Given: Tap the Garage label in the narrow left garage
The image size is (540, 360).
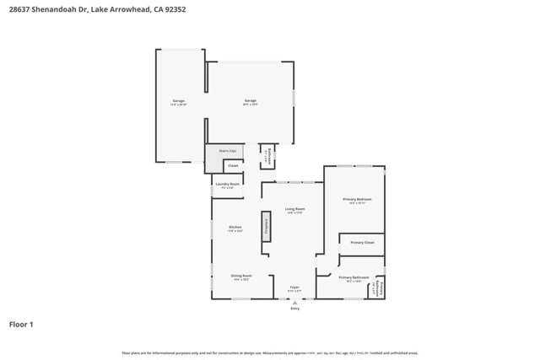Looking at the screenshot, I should click(179, 102).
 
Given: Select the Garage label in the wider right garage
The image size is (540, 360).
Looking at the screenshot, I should click(250, 102).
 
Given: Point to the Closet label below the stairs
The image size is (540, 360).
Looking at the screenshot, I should click(233, 166).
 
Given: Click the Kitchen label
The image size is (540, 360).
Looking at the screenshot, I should click(235, 228).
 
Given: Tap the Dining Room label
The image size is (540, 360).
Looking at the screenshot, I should click(241, 277).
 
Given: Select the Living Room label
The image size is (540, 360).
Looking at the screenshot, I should click(294, 210).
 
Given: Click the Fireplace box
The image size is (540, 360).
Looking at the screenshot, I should click(266, 226).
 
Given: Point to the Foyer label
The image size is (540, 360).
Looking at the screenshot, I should click(294, 288).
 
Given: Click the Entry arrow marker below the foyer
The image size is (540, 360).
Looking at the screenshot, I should click(294, 302).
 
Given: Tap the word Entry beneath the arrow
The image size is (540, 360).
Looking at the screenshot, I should click(294, 309).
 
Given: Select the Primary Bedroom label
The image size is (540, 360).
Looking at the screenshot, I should click(357, 200).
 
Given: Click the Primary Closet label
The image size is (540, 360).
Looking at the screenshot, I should click(363, 243).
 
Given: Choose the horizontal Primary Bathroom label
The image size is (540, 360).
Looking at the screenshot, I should click(354, 278).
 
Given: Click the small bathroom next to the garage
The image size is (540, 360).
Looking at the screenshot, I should click(267, 156).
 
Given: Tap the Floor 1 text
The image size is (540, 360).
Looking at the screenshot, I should click(21, 324).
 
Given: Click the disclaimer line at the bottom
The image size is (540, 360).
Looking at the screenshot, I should click(270, 353).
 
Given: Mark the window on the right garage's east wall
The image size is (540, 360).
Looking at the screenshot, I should click(294, 98).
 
